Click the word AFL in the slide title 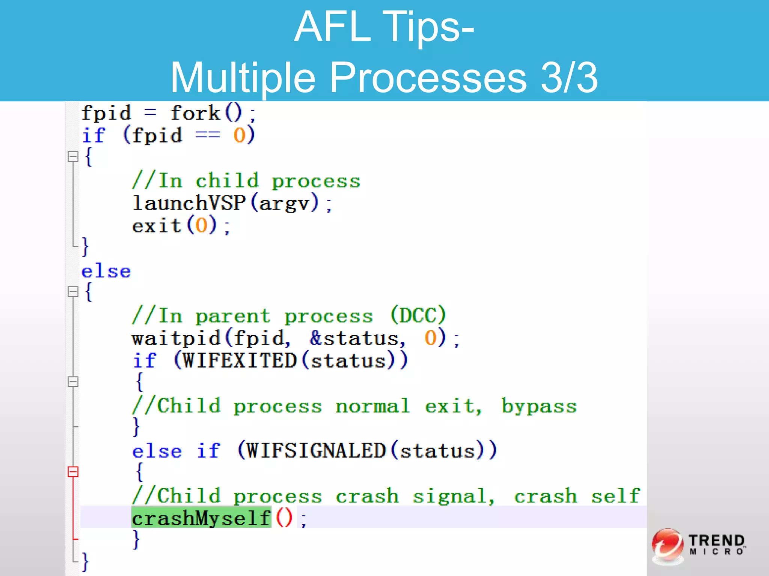[333, 27]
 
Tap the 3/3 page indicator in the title [569, 78]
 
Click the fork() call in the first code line [207, 113]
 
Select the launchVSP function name [190, 203]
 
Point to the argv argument [284, 203]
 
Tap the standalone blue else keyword [107, 271]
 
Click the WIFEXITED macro [240, 361]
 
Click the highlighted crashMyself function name [201, 518]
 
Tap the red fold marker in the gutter [73, 471]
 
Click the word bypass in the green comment [539, 406]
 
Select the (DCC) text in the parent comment [418, 316]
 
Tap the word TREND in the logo [716, 541]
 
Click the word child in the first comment [228, 181]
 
